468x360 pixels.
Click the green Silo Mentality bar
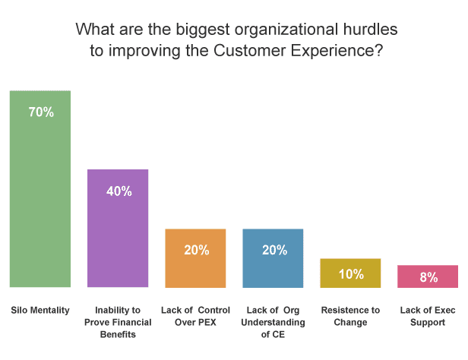pos(40,189)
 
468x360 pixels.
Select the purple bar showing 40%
pos(118,228)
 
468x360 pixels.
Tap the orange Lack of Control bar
pos(195,258)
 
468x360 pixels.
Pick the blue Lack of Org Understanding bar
pos(273,258)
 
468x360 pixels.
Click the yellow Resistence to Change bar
pos(350,273)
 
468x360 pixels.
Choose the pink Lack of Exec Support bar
pos(428,276)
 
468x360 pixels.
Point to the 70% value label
pos(41,112)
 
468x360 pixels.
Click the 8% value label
pos(428,277)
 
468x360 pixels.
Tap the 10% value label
pos(351,274)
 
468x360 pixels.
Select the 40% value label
pos(119,191)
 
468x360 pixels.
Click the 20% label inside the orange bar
pos(196,250)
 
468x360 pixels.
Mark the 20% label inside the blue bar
pos(274,250)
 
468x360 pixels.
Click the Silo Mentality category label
pos(40,311)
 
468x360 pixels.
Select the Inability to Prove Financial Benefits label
pos(118,323)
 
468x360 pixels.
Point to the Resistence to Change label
pos(350,316)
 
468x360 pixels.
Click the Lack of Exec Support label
pos(428,316)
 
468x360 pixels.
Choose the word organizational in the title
pos(286,30)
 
